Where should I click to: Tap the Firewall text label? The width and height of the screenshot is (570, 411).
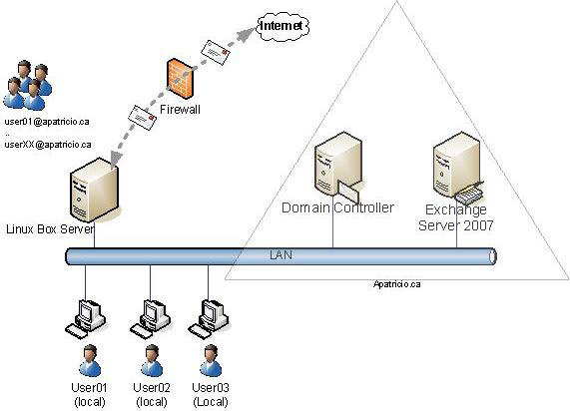tap(181, 110)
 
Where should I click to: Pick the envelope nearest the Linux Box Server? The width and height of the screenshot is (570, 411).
tap(142, 121)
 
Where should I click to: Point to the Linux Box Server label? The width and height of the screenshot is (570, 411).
tap(50, 228)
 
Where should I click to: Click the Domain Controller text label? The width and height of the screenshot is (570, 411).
tap(337, 207)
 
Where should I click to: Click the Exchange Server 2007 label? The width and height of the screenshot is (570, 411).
tap(456, 217)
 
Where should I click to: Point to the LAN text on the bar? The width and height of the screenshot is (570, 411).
tap(282, 256)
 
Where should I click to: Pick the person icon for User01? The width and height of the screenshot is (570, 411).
tap(91, 359)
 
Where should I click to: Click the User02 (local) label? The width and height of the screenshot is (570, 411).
tap(151, 394)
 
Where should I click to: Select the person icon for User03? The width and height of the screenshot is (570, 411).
tap(211, 359)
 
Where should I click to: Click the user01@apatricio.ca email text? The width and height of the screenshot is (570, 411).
tap(46, 121)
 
